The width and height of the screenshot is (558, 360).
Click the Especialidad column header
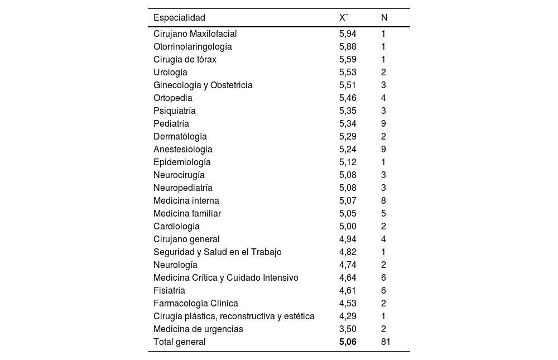179,17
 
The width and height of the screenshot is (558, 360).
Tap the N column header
384,17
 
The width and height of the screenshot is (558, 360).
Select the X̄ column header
344,17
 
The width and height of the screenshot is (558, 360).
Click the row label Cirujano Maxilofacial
195,33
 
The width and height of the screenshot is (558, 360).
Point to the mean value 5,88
348,46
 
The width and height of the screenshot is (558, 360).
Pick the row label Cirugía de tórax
185,59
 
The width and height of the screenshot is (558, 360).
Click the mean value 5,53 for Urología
348,72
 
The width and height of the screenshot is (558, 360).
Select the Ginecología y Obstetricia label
203,85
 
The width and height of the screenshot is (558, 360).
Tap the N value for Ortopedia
384,98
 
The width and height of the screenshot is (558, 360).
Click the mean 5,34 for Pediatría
348,123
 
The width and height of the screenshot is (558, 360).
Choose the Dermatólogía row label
180,136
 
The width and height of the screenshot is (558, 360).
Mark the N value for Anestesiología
384,149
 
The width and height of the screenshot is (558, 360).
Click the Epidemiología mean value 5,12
348,162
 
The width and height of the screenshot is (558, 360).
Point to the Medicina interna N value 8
384,200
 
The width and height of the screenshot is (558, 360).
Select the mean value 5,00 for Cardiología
348,226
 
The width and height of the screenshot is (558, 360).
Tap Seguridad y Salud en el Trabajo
218,252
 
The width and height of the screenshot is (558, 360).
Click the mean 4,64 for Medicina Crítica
348,277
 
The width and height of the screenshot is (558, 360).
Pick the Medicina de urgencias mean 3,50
348,329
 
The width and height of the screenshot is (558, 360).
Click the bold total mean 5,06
348,342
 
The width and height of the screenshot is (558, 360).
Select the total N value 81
386,342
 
